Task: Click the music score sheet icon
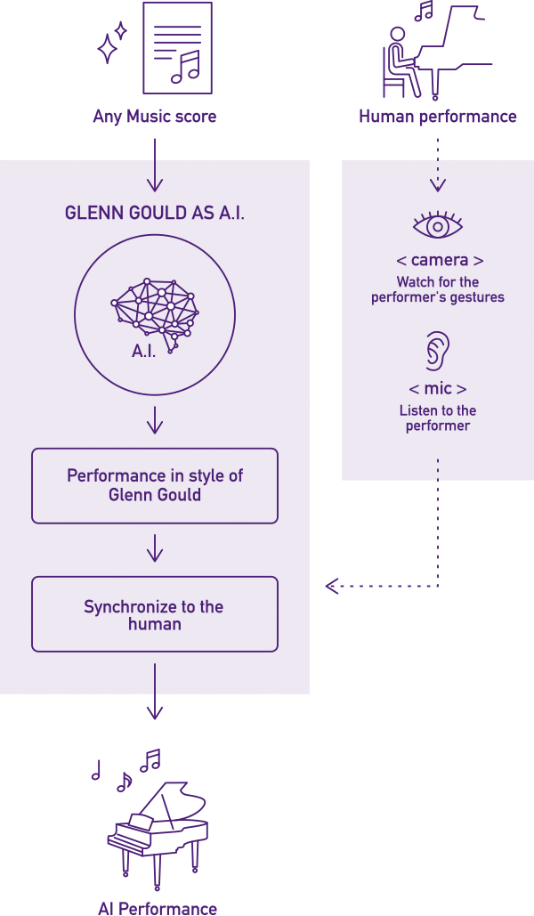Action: (178, 48)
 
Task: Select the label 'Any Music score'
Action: (155, 117)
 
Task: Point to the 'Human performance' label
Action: (437, 117)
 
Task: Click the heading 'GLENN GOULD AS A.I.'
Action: (154, 215)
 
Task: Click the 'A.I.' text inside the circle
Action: (144, 351)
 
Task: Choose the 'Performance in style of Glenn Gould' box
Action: (155, 485)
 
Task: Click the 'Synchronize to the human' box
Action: (155, 614)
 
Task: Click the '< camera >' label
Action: (438, 261)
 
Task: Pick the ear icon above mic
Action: (436, 351)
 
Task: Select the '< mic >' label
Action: (437, 389)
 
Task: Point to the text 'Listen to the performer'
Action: (437, 418)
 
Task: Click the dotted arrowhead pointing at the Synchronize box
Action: (332, 586)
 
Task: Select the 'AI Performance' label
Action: (158, 908)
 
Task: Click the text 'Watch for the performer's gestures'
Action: (437, 289)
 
